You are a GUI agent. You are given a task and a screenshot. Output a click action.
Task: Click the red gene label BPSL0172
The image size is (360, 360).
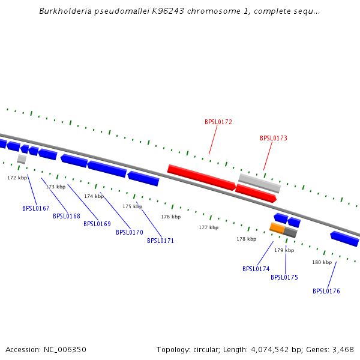pos(218,122)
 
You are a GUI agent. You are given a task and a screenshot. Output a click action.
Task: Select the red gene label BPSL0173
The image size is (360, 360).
pos(274,138)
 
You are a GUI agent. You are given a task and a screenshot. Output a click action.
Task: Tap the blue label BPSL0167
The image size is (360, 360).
pos(36,208)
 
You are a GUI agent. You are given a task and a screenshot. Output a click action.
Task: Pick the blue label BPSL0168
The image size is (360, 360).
pos(67,216)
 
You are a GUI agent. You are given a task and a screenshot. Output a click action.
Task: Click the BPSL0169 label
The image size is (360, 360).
pos(97,224)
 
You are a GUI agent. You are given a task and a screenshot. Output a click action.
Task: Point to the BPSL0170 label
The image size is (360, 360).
pos(130,232)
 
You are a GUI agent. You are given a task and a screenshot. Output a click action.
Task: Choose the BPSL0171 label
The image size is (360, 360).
pos(161,241)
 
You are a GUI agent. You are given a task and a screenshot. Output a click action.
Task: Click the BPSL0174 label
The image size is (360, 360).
pos(256,269)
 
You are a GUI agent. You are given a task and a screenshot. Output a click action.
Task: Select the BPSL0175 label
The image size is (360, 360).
pos(284,277)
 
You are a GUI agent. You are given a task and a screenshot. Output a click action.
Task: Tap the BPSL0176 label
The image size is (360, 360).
pos(326,291)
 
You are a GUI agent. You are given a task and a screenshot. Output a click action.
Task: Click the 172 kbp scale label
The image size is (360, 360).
pos(17,178)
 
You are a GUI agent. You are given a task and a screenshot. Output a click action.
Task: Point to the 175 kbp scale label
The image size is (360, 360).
pos(133,206)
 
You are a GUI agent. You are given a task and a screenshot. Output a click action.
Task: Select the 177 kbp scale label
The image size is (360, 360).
pos(209,227)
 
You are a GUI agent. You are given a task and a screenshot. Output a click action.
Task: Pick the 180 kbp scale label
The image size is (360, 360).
pos(322,262)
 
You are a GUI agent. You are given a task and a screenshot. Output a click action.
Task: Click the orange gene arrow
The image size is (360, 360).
pos(277,228)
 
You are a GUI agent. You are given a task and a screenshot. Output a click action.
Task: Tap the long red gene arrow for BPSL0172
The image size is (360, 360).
pos(201,178)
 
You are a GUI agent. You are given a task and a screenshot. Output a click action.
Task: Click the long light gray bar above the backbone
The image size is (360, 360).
pos(259,182)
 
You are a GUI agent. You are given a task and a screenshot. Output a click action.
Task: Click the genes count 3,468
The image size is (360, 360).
pos(341,349)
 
